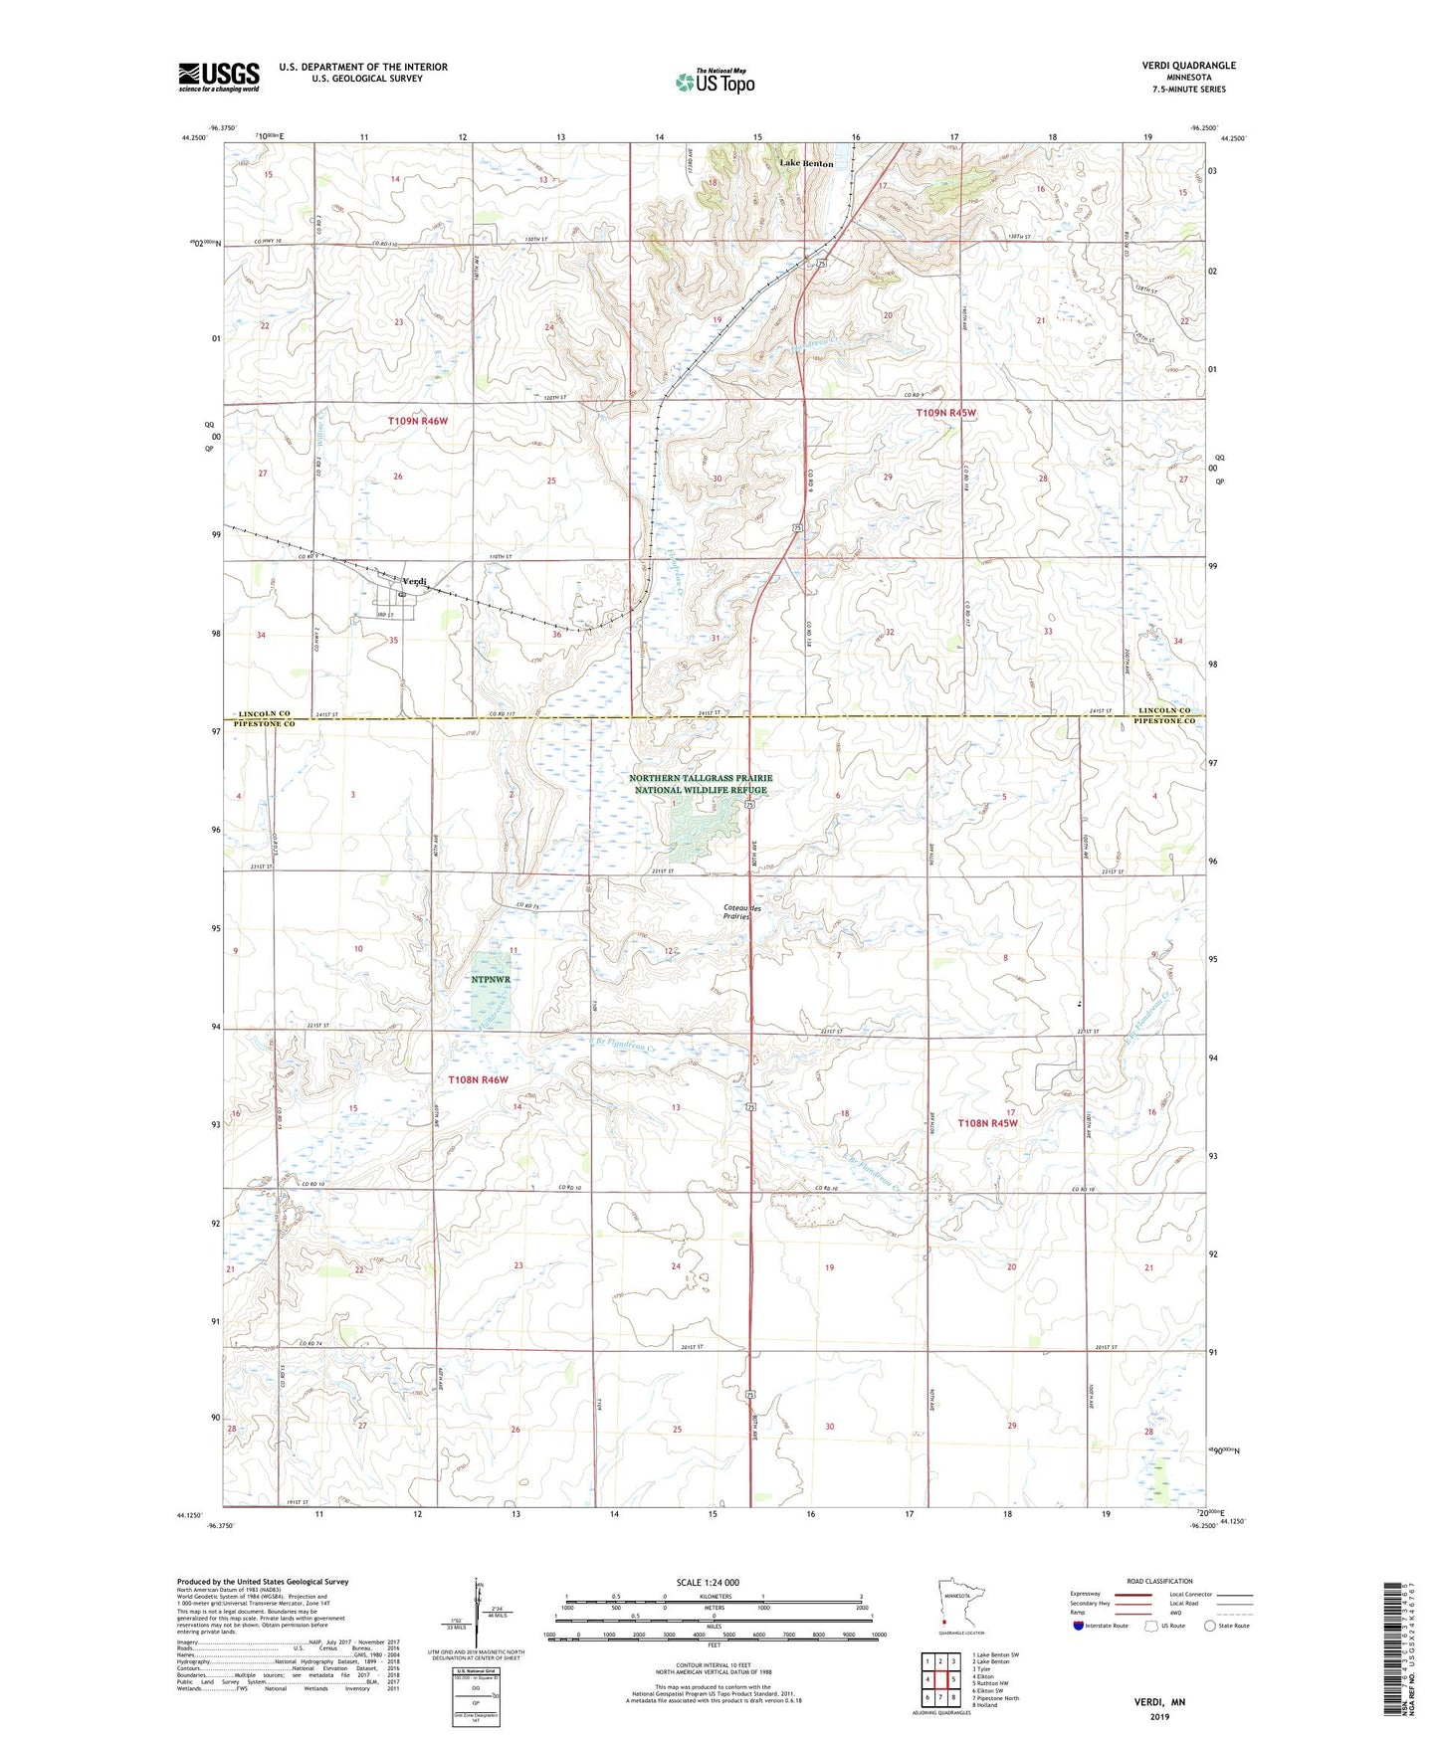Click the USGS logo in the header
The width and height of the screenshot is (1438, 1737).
[219, 77]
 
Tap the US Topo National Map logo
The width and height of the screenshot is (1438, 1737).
[714, 81]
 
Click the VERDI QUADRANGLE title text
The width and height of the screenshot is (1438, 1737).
[1188, 66]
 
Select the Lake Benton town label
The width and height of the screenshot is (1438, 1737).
[806, 163]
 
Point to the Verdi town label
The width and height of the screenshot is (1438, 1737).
[414, 581]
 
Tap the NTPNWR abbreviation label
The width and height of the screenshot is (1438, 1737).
[491, 979]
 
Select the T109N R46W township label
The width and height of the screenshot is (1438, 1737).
[418, 422]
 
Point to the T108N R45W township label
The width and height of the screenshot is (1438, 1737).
[988, 1123]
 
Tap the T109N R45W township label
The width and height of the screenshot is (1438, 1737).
[945, 412]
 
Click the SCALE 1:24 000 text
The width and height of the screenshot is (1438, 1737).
[708, 1582]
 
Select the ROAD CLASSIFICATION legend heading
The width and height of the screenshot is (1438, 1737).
[1159, 1581]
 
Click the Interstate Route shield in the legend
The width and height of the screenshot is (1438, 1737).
[1079, 1626]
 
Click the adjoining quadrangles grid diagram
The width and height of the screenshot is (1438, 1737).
[940, 1680]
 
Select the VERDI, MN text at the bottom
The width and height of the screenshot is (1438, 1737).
[1159, 1702]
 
